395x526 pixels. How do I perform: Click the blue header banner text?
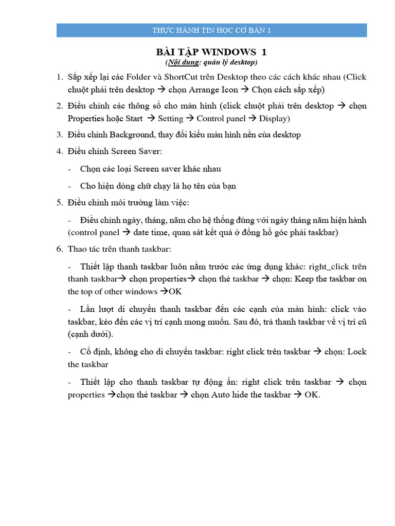(x=211, y=30)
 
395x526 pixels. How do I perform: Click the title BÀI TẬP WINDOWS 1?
(x=211, y=52)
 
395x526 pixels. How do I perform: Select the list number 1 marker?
(x=59, y=77)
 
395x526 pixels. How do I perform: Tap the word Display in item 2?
(x=274, y=118)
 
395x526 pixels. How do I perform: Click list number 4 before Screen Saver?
(x=59, y=152)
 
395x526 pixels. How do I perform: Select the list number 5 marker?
(x=59, y=202)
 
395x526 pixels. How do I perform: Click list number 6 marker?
(x=59, y=249)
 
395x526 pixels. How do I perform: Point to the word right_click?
(x=329, y=267)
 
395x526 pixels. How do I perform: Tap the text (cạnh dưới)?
(x=91, y=334)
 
